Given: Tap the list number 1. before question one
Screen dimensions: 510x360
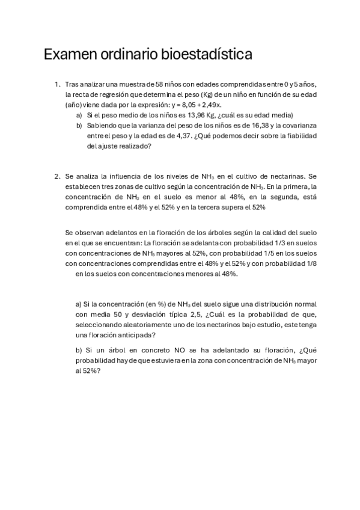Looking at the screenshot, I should coord(58,84).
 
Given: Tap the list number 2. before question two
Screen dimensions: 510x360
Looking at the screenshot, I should coord(58,176).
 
